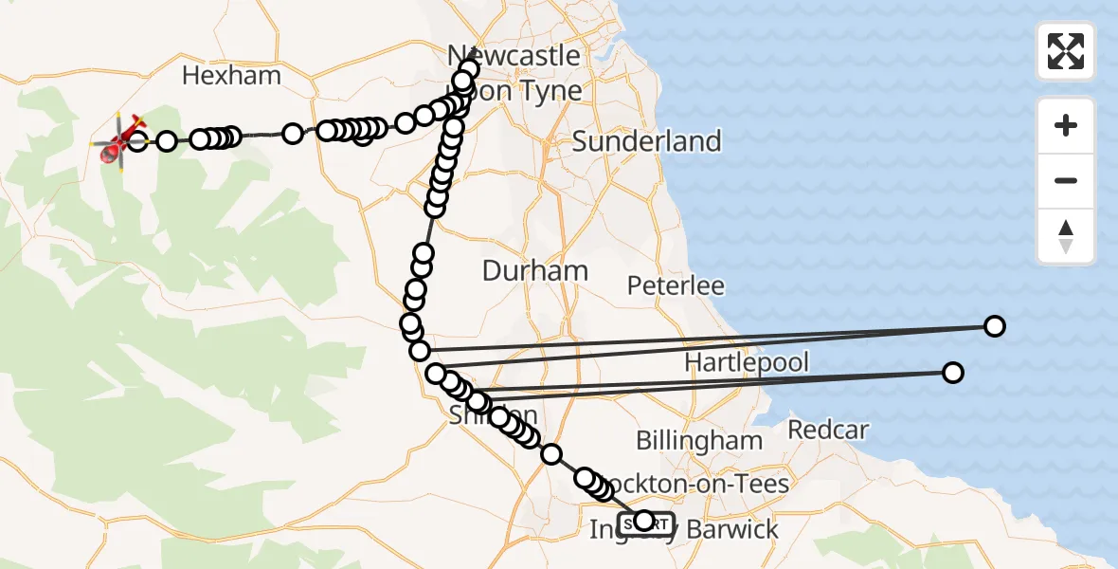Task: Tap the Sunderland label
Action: click(x=647, y=142)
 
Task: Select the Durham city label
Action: click(x=535, y=271)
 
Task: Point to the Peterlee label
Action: click(x=676, y=285)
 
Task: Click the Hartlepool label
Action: click(x=747, y=362)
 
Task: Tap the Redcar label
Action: click(x=828, y=430)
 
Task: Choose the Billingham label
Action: click(x=699, y=440)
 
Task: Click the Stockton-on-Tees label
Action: click(x=701, y=484)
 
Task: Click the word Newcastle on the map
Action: click(x=514, y=55)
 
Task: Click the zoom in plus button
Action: click(x=1066, y=125)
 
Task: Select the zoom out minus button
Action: click(x=1066, y=180)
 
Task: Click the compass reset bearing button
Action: click(x=1066, y=236)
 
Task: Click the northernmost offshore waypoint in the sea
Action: click(x=994, y=326)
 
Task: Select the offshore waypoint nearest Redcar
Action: click(x=953, y=373)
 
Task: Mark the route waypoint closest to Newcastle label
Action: click(x=469, y=68)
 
